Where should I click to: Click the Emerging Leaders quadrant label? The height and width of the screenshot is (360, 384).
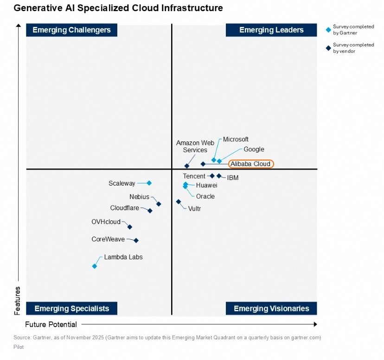coord(271,30)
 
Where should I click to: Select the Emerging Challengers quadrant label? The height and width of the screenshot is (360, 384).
coord(71,30)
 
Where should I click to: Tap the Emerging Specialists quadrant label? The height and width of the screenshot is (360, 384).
coord(71,309)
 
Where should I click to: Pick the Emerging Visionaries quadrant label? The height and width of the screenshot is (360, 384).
coord(271,309)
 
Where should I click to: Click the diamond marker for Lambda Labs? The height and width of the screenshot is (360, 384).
coord(95,266)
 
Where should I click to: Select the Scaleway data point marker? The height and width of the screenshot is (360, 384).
coord(149,183)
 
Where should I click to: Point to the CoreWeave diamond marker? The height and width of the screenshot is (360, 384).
coord(136,240)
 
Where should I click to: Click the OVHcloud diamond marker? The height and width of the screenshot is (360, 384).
coord(130,227)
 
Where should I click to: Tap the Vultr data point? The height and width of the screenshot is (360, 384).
coord(179,202)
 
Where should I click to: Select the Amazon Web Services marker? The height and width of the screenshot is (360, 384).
coord(187,166)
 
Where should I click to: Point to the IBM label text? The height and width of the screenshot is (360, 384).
coord(233,178)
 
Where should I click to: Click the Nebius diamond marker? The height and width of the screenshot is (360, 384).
coord(159,204)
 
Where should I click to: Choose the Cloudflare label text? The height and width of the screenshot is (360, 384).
coord(124,208)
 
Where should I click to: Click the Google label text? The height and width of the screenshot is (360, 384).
coord(254,149)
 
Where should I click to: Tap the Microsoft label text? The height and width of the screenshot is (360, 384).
coord(236,139)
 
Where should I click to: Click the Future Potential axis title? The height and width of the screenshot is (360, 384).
coord(51,324)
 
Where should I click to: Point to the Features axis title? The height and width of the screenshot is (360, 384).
coord(18,300)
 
